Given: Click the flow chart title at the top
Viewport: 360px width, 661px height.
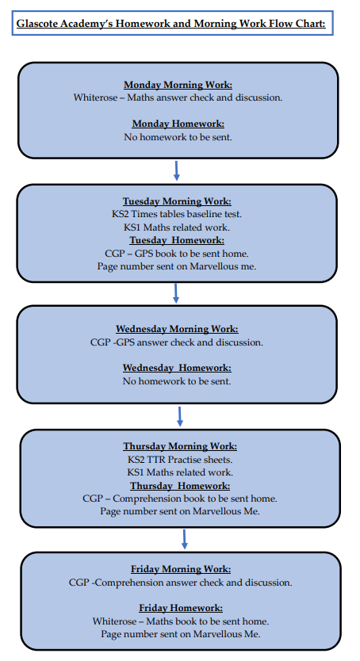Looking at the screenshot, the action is [170, 23].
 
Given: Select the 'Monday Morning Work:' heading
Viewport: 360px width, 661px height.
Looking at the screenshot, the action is [178, 85].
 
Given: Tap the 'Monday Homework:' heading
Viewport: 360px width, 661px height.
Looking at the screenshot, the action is [178, 124].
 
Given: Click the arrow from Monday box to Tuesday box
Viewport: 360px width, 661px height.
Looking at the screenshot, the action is [177, 170].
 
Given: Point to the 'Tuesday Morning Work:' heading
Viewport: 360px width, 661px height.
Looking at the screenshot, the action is [177, 201].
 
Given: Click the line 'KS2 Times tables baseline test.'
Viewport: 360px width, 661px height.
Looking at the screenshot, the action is [177, 214].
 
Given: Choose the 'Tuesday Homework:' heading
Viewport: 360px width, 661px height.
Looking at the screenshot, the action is [177, 240].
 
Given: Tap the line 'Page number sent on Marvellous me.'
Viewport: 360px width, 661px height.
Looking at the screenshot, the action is [177, 266].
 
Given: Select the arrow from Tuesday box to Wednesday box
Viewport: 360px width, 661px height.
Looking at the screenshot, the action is [176, 293].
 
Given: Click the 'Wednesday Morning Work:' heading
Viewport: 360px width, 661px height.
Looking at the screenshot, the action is [177, 329].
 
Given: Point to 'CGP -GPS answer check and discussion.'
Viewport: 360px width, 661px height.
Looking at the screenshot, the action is [177, 342].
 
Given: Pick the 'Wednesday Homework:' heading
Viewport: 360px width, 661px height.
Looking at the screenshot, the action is [177, 368].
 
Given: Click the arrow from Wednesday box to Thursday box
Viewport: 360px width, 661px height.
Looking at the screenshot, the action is [180, 417].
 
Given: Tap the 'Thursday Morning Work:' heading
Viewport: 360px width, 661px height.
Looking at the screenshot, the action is [180, 446].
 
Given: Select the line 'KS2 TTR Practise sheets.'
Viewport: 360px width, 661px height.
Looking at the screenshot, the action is [180, 460].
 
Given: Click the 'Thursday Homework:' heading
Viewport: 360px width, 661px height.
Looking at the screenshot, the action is [180, 486].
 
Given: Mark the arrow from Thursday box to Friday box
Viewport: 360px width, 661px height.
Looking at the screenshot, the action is [184, 540].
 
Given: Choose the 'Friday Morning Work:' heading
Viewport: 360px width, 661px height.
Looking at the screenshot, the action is [181, 569].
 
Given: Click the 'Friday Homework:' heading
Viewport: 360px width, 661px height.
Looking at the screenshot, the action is [181, 608].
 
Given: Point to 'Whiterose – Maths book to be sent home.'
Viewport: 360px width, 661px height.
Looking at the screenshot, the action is [181, 621].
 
